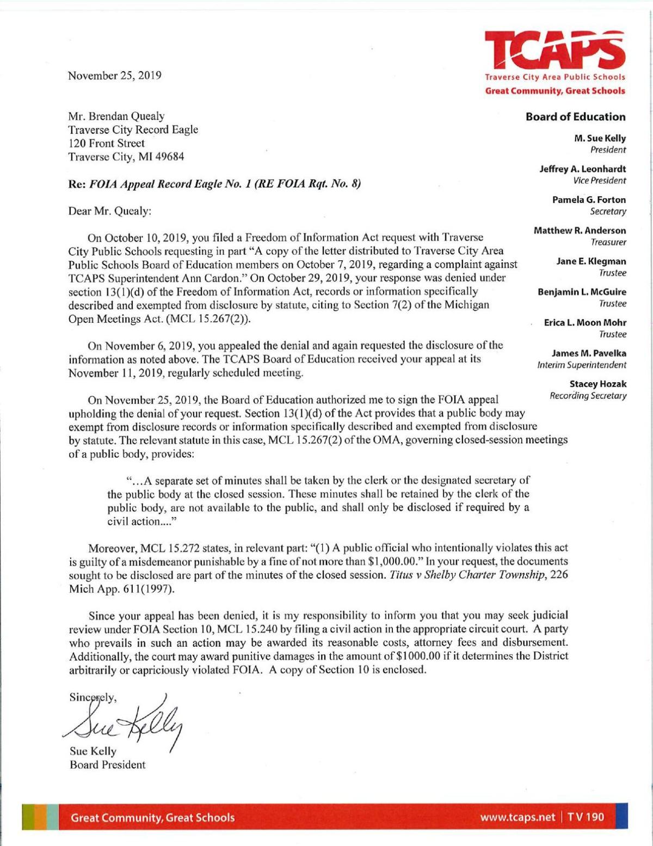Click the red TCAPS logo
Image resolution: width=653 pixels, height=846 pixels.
coord(555,50)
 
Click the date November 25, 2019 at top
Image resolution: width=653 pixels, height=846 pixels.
coord(114,76)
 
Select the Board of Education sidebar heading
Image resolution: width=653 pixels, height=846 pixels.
coord(575,117)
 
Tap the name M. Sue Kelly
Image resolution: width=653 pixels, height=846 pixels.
coord(600,138)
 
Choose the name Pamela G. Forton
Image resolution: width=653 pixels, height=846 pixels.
coord(589,200)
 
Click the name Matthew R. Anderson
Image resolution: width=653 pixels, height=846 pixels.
coord(580,230)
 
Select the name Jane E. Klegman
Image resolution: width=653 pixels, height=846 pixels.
coord(591,261)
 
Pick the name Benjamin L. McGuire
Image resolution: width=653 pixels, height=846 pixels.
coord(582,292)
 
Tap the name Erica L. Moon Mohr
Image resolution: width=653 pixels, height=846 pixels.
coord(585,323)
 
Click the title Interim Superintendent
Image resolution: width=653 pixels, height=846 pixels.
coord(581,365)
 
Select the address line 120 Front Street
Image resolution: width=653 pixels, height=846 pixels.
coord(106,143)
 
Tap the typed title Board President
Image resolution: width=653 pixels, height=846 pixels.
coord(107,765)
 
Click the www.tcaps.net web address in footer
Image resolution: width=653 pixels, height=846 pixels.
coord(518,817)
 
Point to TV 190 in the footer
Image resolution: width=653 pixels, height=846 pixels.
coord(586,817)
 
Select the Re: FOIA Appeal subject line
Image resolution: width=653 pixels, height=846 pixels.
coord(214,183)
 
